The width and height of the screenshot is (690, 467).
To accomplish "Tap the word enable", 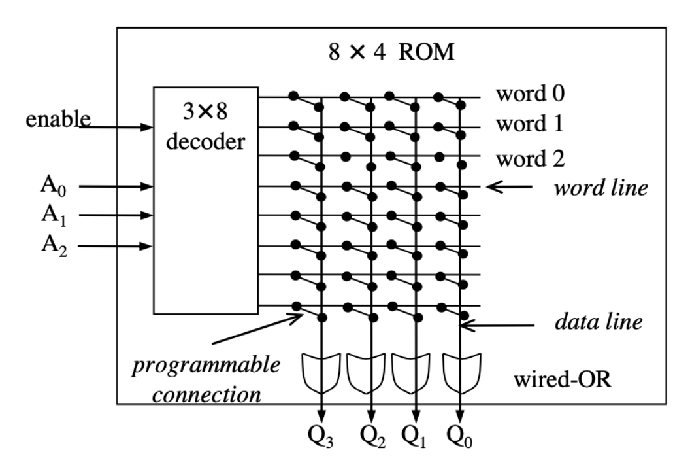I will (x=57, y=119).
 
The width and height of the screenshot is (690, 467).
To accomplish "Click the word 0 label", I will (x=530, y=94).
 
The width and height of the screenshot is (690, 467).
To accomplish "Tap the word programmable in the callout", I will (x=205, y=366).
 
